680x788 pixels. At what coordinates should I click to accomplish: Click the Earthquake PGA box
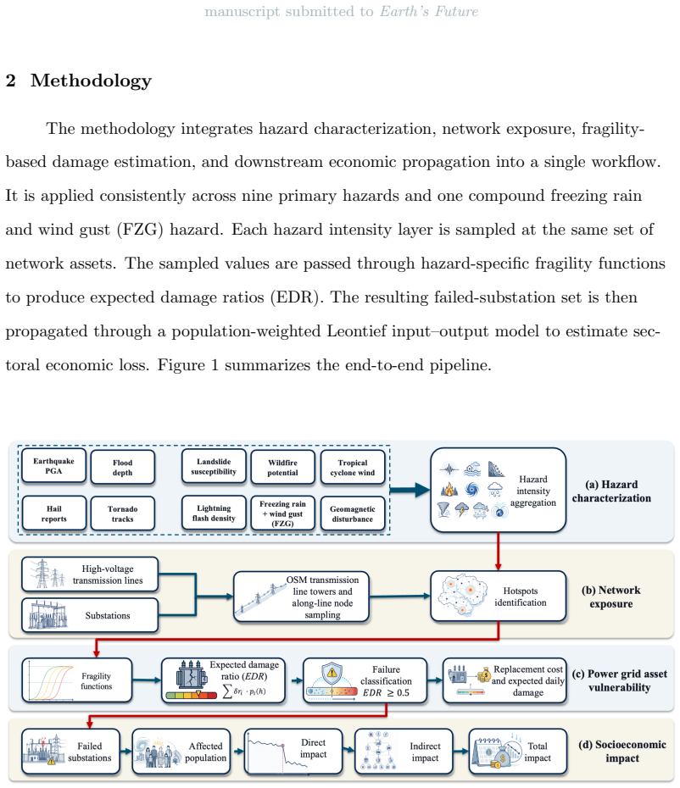tap(53, 466)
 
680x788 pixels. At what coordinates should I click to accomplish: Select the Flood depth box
tap(123, 468)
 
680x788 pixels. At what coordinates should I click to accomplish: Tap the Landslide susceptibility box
tap(214, 466)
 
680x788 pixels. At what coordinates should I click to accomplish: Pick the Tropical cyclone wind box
tap(353, 468)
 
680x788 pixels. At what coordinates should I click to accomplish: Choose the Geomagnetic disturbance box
tap(353, 513)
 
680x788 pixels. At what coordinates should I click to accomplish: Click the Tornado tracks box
tap(123, 513)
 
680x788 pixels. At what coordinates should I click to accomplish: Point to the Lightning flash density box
tap(214, 513)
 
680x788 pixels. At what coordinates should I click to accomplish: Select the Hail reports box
tap(53, 513)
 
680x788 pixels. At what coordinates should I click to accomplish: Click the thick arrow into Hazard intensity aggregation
tap(410, 490)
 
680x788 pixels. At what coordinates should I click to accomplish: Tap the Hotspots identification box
tap(499, 597)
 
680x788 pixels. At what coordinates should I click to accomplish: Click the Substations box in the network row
tap(90, 615)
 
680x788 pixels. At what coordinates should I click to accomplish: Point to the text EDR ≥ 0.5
tap(387, 692)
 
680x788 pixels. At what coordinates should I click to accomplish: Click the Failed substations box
tap(71, 752)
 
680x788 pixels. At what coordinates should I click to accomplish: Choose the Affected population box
tap(181, 752)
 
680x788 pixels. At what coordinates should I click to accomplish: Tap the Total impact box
tap(518, 752)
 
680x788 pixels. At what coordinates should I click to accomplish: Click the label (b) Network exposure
tap(611, 597)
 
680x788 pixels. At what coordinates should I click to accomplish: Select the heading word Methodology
tap(91, 80)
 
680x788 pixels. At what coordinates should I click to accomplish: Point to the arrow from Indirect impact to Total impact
tap(461, 752)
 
